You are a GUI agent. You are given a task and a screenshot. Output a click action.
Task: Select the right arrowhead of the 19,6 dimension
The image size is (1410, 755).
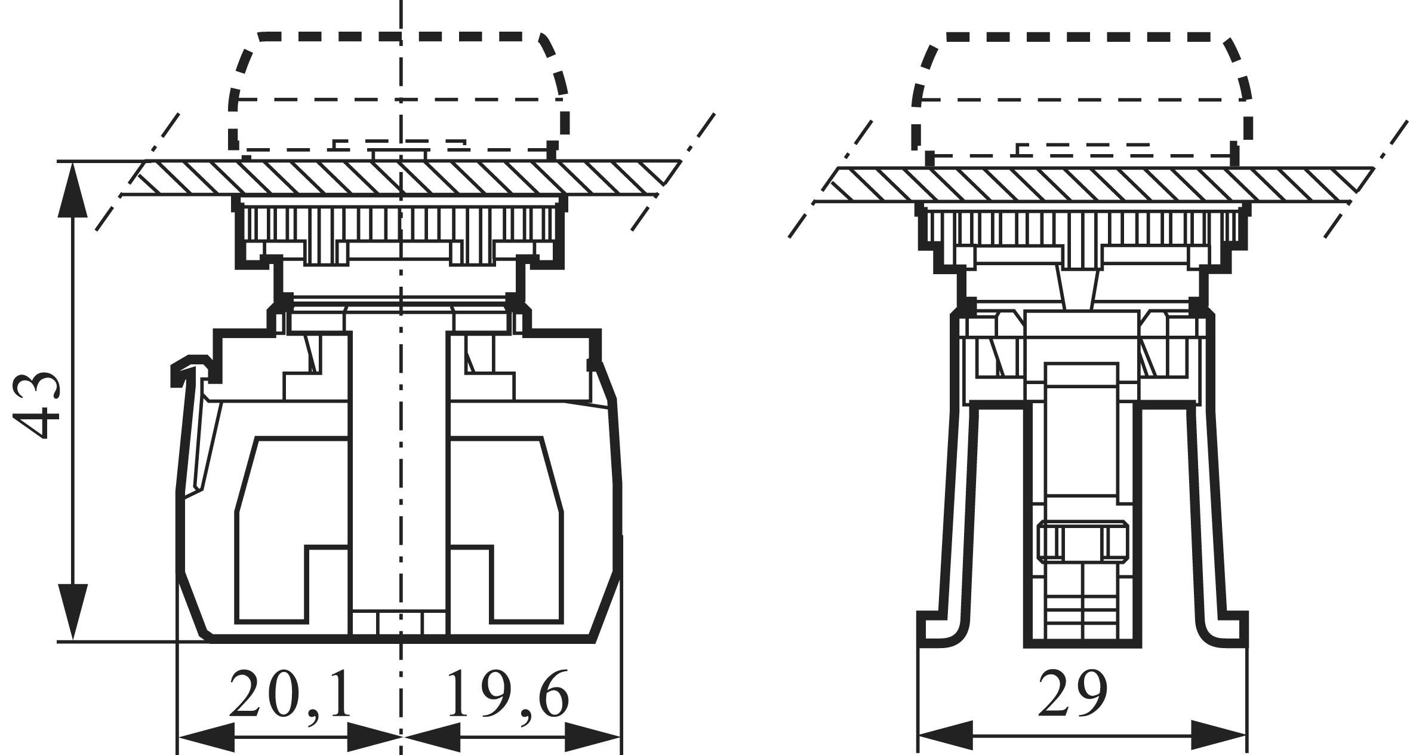[594, 737]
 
